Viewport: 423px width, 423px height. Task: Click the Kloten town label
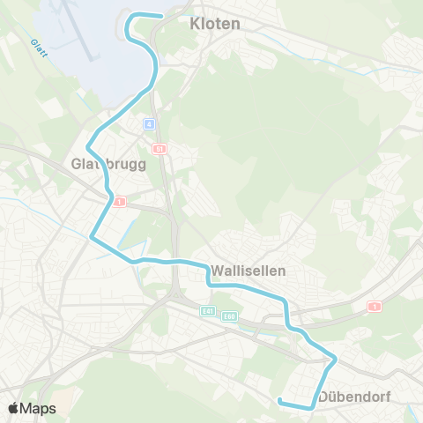pos(215,24)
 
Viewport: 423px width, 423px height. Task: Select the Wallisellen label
pos(249,271)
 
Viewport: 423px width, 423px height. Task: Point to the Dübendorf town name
pos(355,396)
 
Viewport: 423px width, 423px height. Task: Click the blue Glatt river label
pos(36,45)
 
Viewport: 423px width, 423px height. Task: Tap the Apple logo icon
pos(13,409)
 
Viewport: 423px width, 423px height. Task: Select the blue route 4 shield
pos(151,123)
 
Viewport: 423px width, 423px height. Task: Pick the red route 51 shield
pos(159,149)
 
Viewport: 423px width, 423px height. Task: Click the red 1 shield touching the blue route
pos(120,201)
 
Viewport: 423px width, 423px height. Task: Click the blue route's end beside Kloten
pos(162,16)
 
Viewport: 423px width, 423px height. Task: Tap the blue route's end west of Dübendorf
pos(280,401)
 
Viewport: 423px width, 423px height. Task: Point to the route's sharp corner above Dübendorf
pos(335,358)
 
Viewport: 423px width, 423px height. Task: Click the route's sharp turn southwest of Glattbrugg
pos(92,236)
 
